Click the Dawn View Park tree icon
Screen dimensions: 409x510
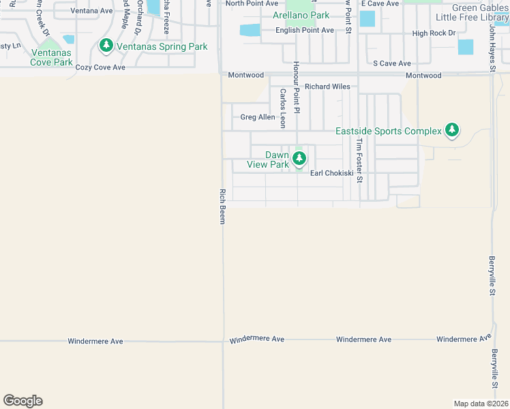click(299, 159)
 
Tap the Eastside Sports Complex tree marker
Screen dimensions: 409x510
click(451, 130)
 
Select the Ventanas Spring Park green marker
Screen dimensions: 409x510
click(106, 46)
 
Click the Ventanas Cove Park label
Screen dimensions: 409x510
click(51, 57)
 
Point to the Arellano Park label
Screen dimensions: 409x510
click(301, 15)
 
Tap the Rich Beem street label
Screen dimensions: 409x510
click(222, 206)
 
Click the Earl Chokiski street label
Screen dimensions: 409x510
click(332, 173)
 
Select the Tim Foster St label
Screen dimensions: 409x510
click(359, 161)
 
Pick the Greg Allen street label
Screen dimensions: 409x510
click(258, 117)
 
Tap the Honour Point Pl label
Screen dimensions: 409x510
click(297, 86)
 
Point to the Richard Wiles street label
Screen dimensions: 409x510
click(327, 87)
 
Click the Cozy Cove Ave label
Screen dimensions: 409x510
click(100, 67)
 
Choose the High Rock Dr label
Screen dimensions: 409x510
click(433, 33)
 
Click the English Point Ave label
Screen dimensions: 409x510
click(304, 30)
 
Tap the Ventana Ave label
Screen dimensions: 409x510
click(91, 11)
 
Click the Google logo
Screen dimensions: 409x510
click(22, 401)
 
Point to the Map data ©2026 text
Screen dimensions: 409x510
click(481, 404)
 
